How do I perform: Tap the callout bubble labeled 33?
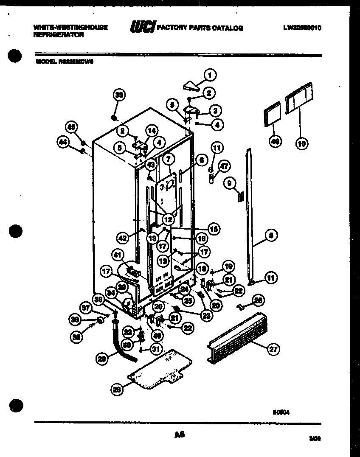(x=120, y=95)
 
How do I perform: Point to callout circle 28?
(x=117, y=389)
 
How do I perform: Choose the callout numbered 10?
(x=301, y=143)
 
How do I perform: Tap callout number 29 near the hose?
(x=102, y=359)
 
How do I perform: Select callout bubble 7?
(x=169, y=160)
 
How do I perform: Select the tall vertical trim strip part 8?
(x=250, y=212)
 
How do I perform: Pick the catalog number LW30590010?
(x=302, y=28)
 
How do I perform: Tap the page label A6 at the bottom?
(x=179, y=435)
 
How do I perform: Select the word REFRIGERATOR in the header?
(x=58, y=36)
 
